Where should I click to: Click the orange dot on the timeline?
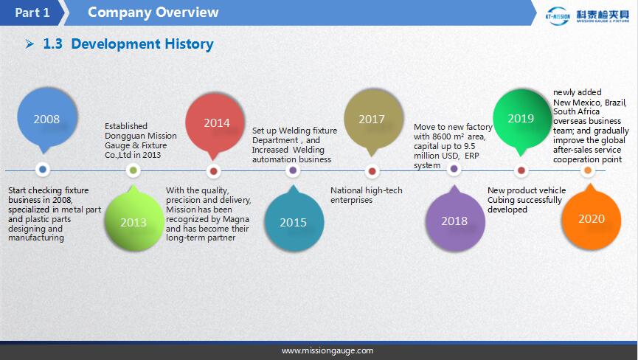point(588,170)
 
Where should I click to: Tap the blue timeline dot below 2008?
point(43,169)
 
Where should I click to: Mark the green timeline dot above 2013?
point(133,170)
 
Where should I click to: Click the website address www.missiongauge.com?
point(327,350)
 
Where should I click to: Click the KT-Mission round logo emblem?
point(558,16)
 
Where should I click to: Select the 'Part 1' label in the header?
point(32,13)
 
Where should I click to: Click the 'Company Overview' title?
point(153,13)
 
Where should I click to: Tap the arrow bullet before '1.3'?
point(30,44)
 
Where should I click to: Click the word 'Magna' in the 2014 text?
point(236,219)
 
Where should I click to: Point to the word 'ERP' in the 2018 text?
point(471,156)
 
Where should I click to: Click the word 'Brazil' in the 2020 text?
point(615,103)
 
